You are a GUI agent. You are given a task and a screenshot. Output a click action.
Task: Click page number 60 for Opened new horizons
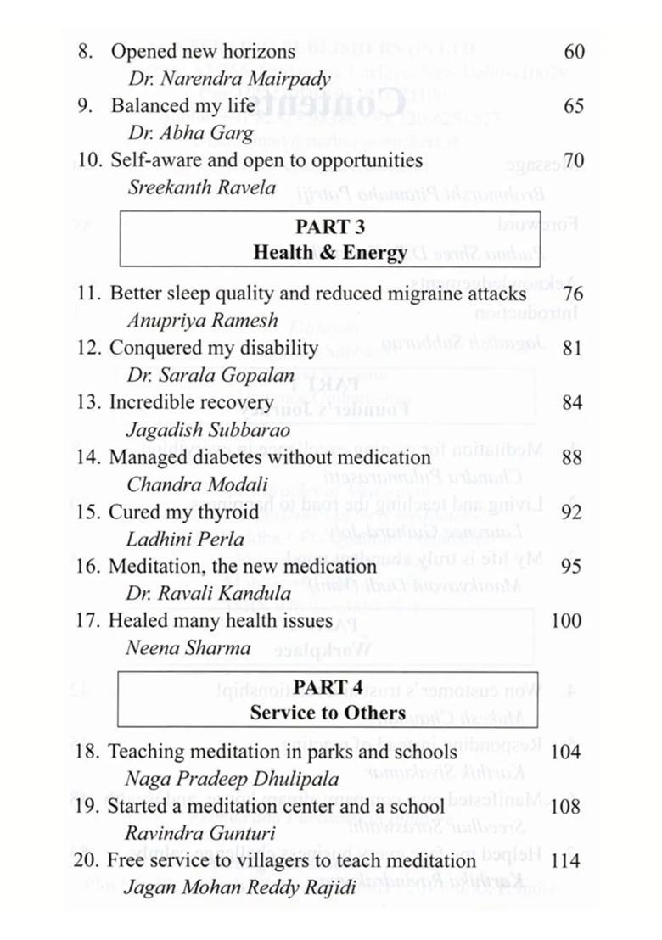coord(574,52)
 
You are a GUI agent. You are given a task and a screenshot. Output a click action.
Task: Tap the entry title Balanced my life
coord(182,106)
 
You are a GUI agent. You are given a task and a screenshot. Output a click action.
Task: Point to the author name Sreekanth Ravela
coord(201,187)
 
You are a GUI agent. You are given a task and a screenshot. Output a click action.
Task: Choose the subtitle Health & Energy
coord(329,252)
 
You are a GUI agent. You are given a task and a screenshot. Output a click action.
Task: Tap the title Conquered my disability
coord(214,348)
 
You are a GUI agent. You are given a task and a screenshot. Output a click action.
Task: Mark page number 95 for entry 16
coord(572,566)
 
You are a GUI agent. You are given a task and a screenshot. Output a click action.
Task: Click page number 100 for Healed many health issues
coord(566,621)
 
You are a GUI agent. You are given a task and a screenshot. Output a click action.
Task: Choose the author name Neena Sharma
coord(189,649)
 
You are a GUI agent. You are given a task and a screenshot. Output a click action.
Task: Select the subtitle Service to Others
coord(328,713)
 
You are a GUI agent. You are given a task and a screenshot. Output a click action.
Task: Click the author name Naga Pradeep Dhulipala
coord(232,778)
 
